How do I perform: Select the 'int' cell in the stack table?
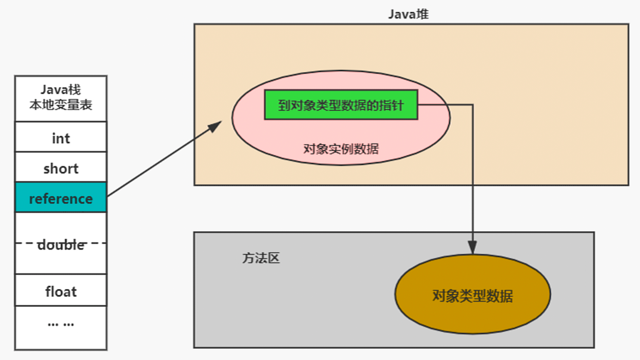click(x=61, y=138)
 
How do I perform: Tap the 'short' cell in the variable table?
click(x=61, y=169)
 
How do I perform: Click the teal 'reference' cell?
click(x=61, y=198)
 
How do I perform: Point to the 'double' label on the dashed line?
click(x=61, y=244)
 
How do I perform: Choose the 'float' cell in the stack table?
click(x=61, y=291)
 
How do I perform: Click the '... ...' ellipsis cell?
click(x=61, y=323)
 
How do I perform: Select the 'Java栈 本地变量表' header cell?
click(x=61, y=99)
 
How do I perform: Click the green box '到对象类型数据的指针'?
click(x=341, y=106)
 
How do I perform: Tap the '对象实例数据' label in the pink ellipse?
click(x=341, y=149)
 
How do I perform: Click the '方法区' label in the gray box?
click(x=261, y=259)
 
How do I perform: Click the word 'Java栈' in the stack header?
click(x=61, y=91)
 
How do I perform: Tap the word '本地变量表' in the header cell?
click(x=61, y=107)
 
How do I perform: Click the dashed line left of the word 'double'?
click(x=26, y=243)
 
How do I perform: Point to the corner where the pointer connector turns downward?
click(x=472, y=105)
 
